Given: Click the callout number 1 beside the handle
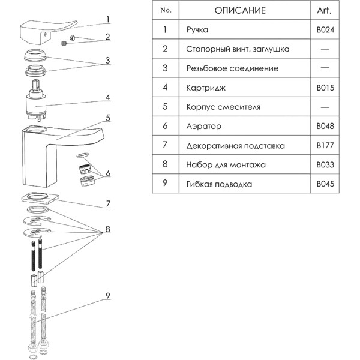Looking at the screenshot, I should click(x=107, y=19).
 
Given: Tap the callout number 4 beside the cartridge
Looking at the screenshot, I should click(x=107, y=97).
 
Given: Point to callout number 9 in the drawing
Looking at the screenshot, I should click(x=107, y=295).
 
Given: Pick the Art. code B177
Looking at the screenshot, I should click(x=325, y=145).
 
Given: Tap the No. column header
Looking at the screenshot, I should click(x=164, y=11).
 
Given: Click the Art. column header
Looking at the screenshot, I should click(x=324, y=11).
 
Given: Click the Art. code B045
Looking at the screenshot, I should click(x=325, y=184).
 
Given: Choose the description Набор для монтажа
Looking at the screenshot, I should click(x=223, y=164).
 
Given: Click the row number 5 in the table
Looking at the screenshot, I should click(x=164, y=107).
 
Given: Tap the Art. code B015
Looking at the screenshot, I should click(x=325, y=88).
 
